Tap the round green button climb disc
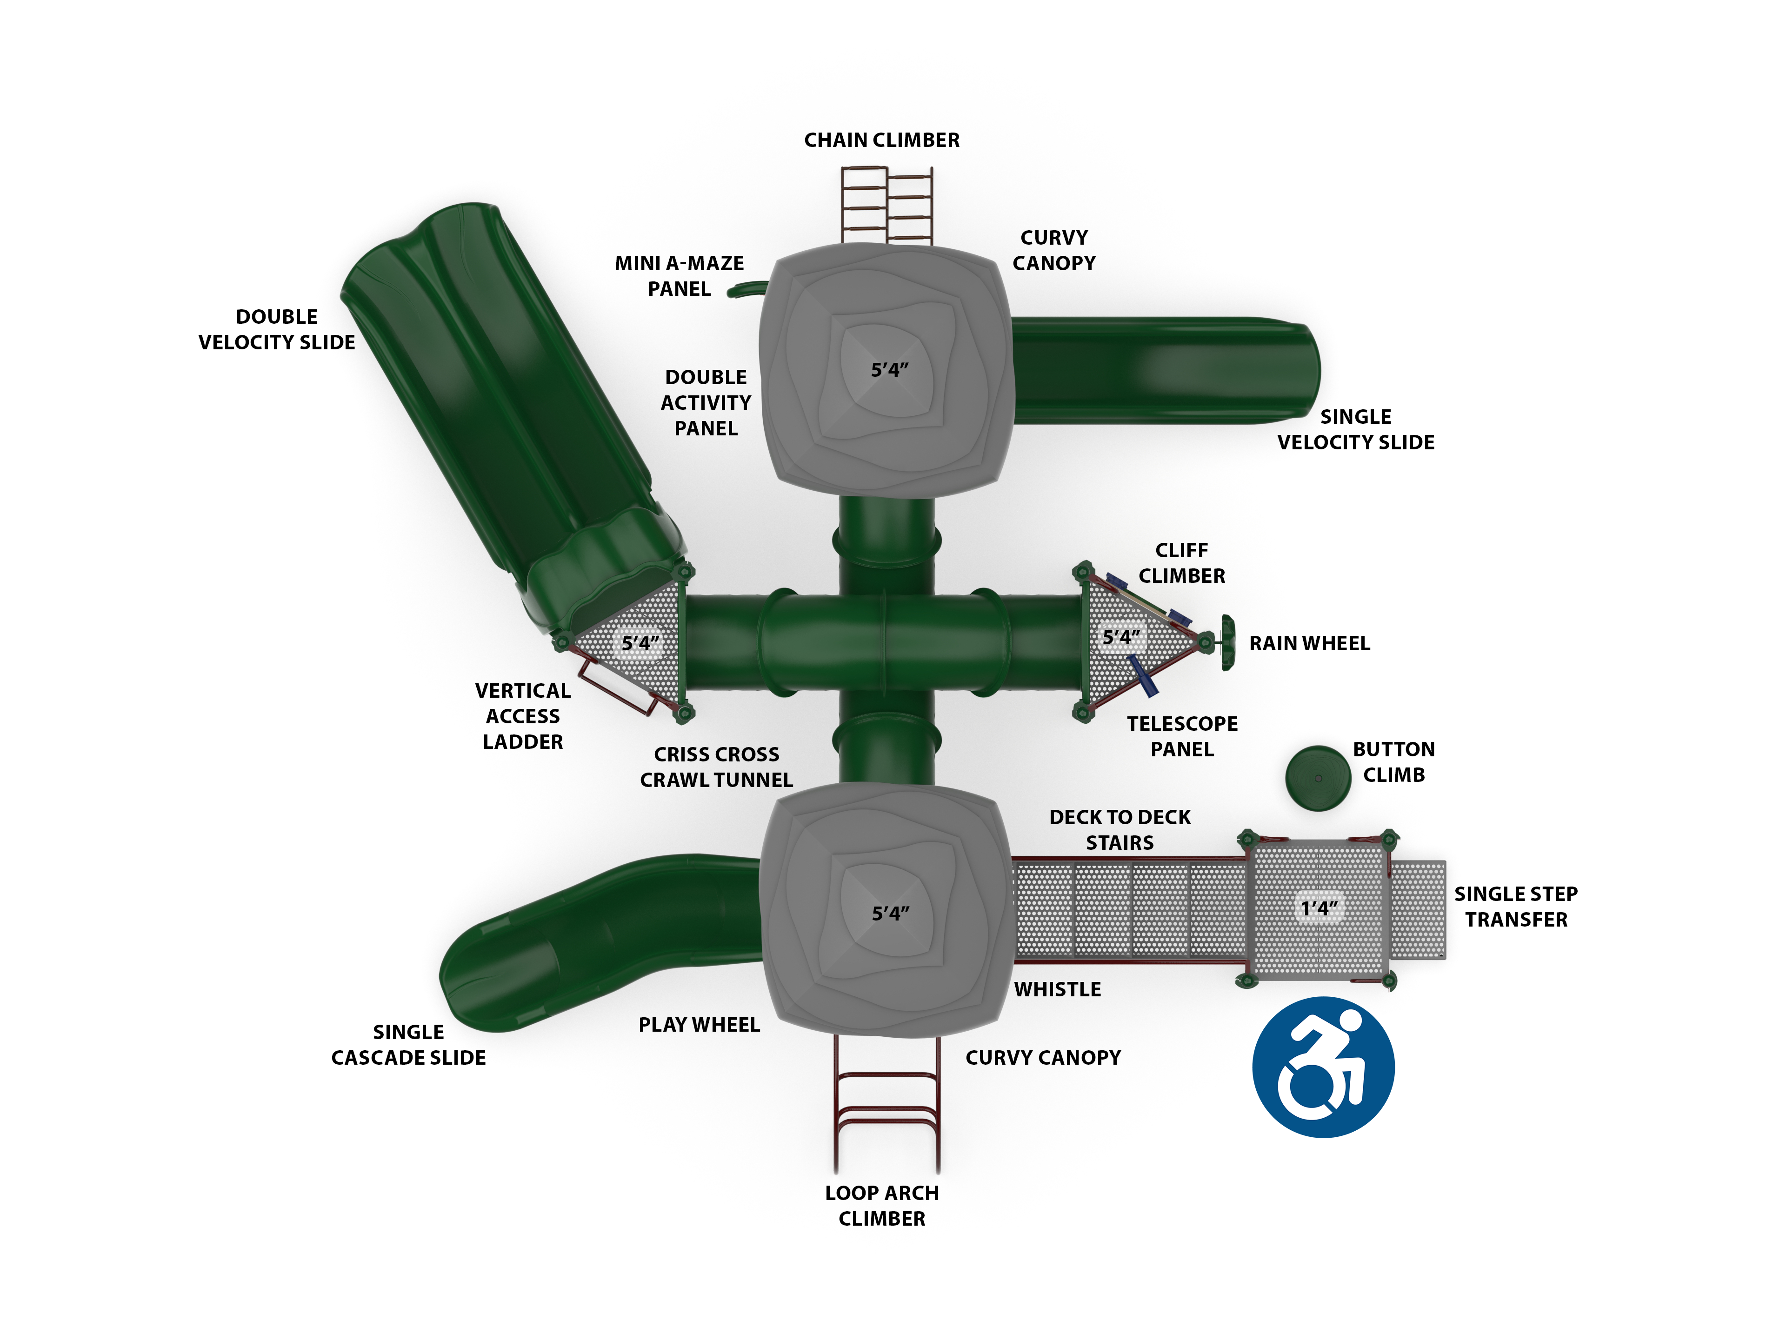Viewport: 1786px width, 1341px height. [1318, 778]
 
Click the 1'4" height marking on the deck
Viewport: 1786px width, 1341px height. [1320, 908]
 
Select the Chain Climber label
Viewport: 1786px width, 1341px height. [882, 140]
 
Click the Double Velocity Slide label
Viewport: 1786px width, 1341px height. [276, 329]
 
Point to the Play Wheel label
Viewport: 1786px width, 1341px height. [699, 1025]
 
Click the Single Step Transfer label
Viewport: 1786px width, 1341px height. [1516, 907]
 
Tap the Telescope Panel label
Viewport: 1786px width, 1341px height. [1182, 736]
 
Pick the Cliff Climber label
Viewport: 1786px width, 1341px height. [1182, 563]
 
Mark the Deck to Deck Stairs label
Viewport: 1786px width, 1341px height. [1120, 830]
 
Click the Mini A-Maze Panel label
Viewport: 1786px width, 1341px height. [679, 276]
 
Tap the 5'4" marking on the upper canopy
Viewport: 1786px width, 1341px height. [890, 370]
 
